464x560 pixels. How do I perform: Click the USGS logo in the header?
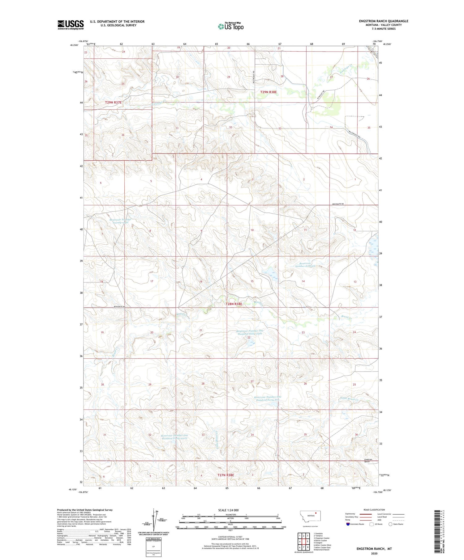[x=71, y=25]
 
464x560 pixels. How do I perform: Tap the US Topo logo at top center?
[x=230, y=26]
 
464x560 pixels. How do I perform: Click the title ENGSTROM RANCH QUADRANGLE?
[x=383, y=21]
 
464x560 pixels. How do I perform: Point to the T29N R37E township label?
[x=115, y=102]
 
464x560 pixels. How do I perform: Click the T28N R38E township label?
[x=234, y=304]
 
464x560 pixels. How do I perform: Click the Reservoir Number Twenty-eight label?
[x=120, y=221]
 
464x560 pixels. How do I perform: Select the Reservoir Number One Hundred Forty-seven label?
[x=174, y=437]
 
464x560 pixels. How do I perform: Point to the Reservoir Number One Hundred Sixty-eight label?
[x=250, y=332]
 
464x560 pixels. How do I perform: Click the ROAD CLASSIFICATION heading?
[x=374, y=510]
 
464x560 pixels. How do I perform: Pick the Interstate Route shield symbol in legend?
[x=348, y=524]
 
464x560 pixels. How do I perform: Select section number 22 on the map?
[x=249, y=338]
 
